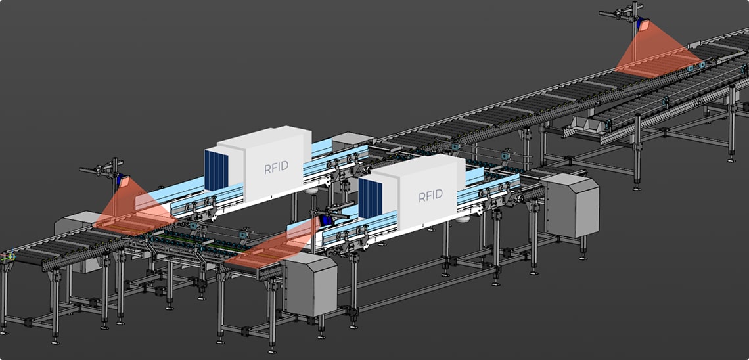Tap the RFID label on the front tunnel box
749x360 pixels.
coord(430,196)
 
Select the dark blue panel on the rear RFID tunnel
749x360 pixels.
coord(216,170)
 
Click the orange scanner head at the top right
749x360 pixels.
coord(644,25)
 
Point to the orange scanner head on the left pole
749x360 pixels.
coord(124,181)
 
